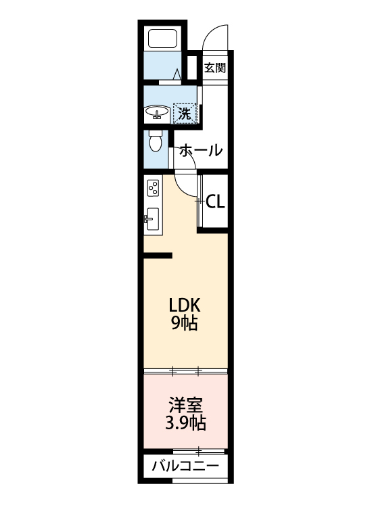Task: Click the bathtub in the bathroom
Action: pyautogui.click(x=162, y=39)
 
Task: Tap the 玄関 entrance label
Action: pyautogui.click(x=215, y=68)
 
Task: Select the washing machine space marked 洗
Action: pyautogui.click(x=185, y=113)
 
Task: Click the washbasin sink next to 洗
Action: pyautogui.click(x=157, y=112)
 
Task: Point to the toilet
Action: pyautogui.click(x=156, y=141)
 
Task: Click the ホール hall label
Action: pyautogui.click(x=201, y=150)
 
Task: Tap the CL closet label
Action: pyautogui.click(x=215, y=201)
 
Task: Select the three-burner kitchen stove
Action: pyautogui.click(x=153, y=188)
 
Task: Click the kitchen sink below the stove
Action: pyautogui.click(x=152, y=219)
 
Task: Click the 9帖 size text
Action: pyautogui.click(x=185, y=322)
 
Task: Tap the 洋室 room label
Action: pyautogui.click(x=186, y=405)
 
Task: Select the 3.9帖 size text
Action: pyautogui.click(x=186, y=422)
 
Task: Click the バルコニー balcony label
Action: pyautogui.click(x=186, y=466)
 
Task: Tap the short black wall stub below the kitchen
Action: pyautogui.click(x=158, y=256)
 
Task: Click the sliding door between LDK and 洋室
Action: pyautogui.click(x=186, y=371)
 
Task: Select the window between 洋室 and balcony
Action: pyautogui.click(x=199, y=450)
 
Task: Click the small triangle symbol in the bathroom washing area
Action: pyautogui.click(x=177, y=74)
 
